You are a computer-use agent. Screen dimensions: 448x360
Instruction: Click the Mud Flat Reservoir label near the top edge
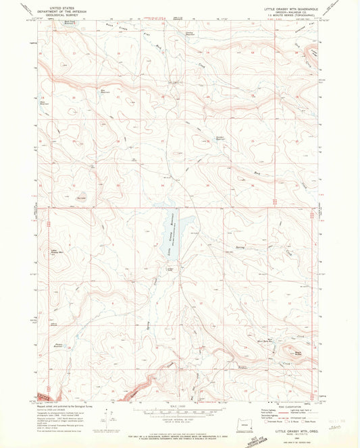point(70,23)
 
